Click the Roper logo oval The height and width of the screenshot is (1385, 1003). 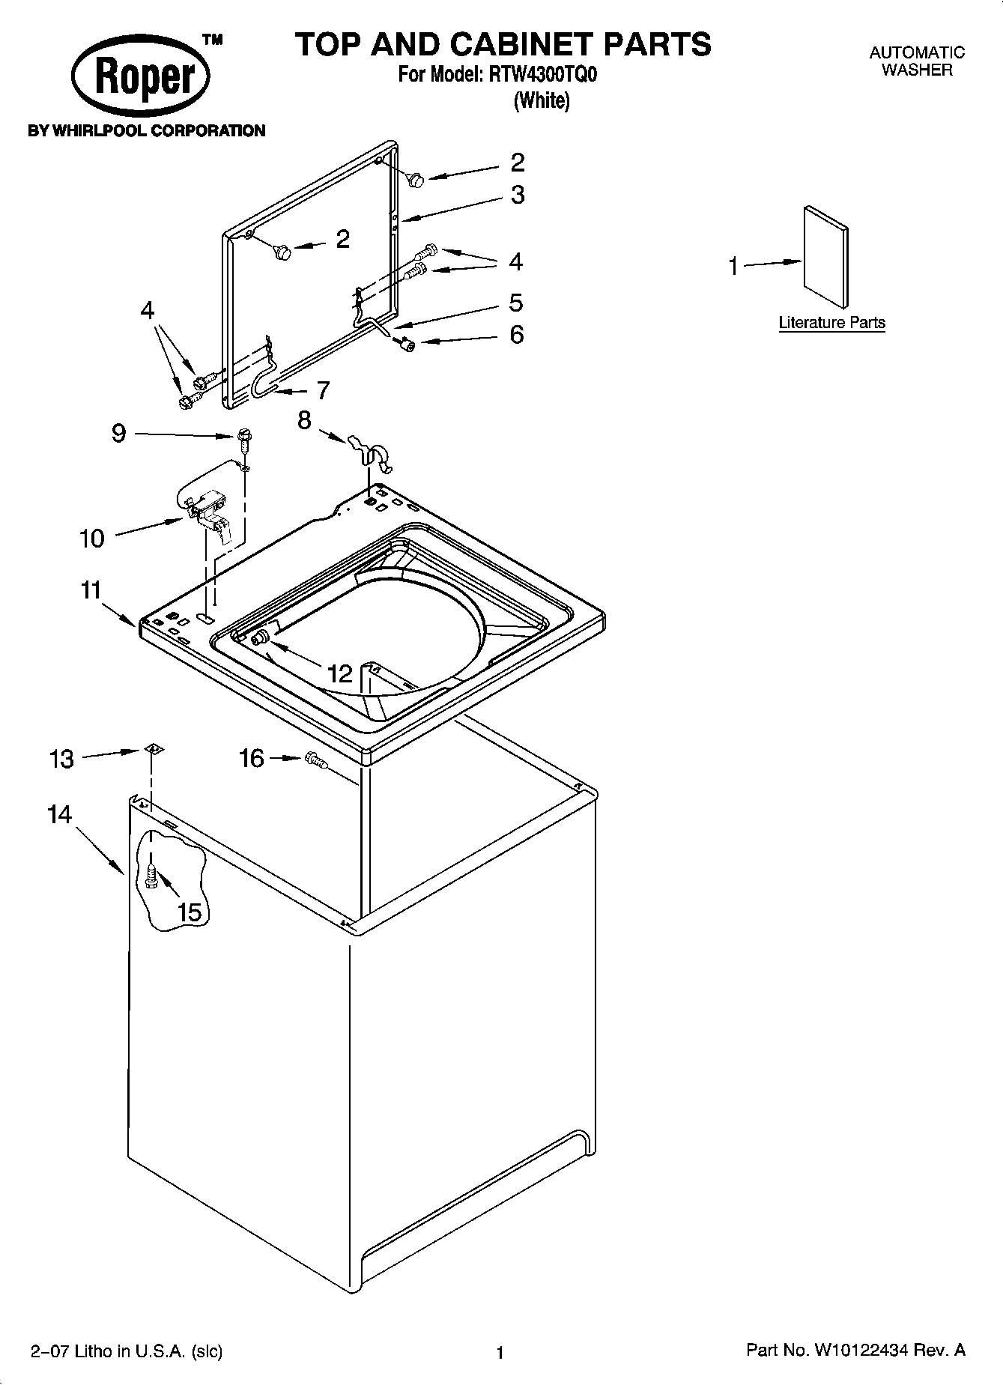[140, 78]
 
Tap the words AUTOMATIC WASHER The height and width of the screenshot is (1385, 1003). [916, 61]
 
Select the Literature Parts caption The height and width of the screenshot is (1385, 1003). [831, 323]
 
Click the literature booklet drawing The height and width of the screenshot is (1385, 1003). [826, 257]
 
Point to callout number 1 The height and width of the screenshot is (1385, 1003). [733, 266]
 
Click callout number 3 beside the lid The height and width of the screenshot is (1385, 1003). [517, 195]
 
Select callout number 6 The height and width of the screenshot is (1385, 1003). [516, 334]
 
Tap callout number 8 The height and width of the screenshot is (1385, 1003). [304, 420]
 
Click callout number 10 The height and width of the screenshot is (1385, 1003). [92, 538]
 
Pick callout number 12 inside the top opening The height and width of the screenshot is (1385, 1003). [339, 673]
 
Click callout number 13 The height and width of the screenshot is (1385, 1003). [61, 760]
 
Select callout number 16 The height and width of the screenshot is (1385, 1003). [252, 759]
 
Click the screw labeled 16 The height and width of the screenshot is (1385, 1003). [317, 763]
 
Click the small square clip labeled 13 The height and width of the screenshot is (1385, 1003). [154, 748]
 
